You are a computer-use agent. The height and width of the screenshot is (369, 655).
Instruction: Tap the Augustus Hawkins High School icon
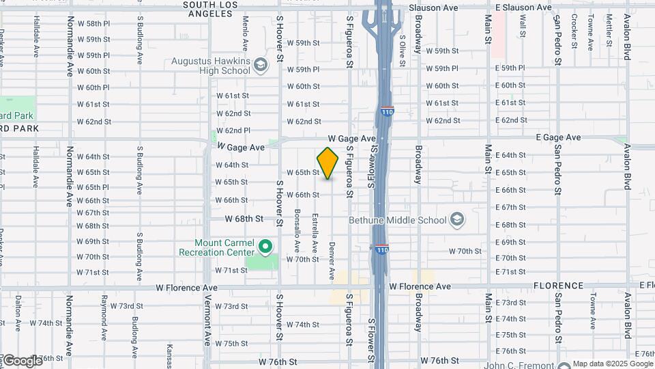[x=259, y=66]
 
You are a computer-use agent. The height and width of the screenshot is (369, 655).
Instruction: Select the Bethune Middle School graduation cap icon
[x=456, y=220]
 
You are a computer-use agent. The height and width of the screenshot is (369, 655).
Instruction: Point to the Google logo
[x=22, y=360]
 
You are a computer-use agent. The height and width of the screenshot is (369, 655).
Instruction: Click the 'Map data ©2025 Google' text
[x=612, y=364]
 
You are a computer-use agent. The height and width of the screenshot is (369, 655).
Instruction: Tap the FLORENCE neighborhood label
[x=558, y=286]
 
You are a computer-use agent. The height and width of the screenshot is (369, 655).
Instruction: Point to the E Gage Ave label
[x=558, y=137]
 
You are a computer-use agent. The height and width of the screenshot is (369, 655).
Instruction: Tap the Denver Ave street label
[x=332, y=260]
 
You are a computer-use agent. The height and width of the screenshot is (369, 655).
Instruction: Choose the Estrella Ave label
[x=315, y=232]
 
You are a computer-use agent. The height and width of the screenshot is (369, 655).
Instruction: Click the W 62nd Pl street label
[x=233, y=131]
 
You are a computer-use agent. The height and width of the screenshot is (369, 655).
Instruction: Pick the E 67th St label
[x=510, y=207]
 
